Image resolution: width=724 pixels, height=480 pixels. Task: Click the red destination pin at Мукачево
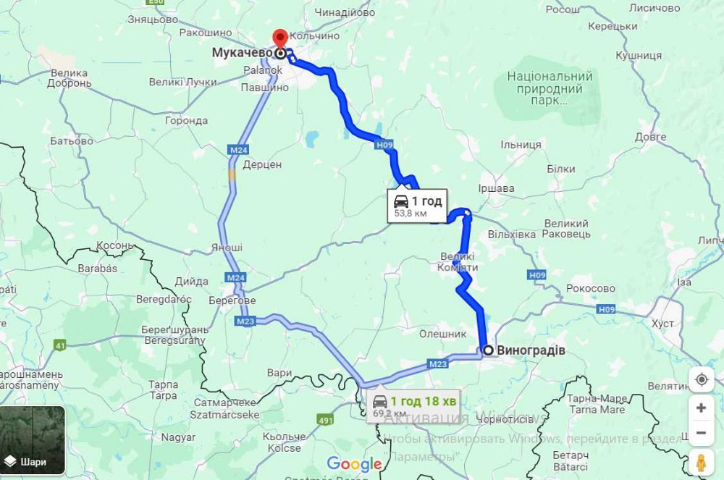[280, 38]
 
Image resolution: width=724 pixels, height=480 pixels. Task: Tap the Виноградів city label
[531, 350]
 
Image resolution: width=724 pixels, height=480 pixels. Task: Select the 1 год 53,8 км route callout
[416, 206]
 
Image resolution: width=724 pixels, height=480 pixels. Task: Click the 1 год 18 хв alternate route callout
[413, 405]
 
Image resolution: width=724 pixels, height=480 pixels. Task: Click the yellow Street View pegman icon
[701, 462]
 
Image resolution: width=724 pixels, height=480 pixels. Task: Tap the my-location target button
[701, 379]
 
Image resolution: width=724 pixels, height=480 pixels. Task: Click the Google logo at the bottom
[354, 464]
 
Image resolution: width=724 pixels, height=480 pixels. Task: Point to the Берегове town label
[232, 300]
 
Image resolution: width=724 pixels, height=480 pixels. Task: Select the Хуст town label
[662, 323]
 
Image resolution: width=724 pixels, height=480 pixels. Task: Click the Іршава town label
[497, 188]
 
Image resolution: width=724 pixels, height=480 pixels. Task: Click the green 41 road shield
[60, 345]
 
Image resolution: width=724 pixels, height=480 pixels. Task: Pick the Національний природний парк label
[550, 88]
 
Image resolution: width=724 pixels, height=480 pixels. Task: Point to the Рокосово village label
[591, 288]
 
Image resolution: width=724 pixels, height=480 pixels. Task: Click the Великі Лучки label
[182, 82]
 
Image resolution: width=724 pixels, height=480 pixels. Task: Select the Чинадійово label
[345, 12]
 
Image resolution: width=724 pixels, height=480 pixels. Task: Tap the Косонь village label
[115, 245]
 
